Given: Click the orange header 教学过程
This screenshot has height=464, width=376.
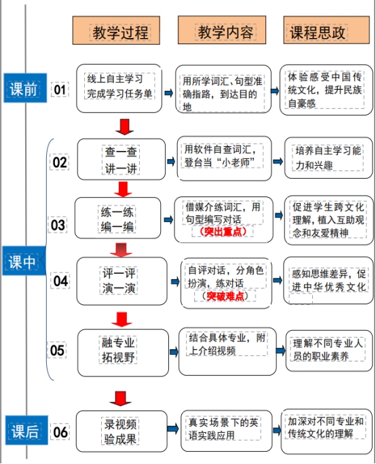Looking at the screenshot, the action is coord(116,31).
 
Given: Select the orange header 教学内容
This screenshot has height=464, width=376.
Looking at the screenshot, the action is coord(222,30).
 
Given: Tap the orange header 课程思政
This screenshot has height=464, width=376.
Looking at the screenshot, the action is coord(326,30).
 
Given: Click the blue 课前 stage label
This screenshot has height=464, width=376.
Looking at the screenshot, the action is coord(25,88).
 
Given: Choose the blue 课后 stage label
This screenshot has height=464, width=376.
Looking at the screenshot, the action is coord(26,430).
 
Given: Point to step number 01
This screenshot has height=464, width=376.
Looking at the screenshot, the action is coord(60,90).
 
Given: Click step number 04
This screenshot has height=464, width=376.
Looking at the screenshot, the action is coord(60,281).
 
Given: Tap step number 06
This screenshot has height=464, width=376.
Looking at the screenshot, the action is coord(60,432).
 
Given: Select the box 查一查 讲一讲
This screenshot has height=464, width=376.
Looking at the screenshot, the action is coord(121,159).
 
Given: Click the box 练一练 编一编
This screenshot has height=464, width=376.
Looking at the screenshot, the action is coord(117,218).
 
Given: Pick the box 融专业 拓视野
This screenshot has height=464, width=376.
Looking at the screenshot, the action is coord(123,353).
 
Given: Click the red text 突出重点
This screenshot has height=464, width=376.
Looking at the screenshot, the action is coord(223,232).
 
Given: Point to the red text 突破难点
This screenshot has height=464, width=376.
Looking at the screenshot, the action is coord(225,296).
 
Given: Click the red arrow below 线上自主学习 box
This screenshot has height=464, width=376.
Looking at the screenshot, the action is coord(124,127).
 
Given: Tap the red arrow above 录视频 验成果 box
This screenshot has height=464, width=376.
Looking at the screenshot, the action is coord(120,399).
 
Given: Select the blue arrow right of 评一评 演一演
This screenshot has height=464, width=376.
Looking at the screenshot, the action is coord(175,281).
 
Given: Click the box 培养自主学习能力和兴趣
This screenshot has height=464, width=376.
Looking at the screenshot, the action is coord(328,158).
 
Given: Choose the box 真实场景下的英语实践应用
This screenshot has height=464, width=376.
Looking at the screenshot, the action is coord(227,431).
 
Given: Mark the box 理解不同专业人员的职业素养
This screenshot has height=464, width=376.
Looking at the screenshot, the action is coord(329,351).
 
